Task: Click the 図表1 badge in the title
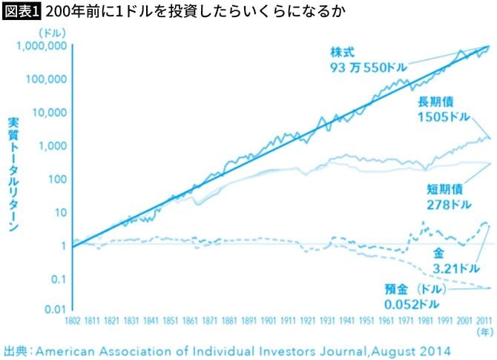pyautogui.click(x=22, y=11)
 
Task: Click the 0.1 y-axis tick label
pyautogui.click(x=57, y=274)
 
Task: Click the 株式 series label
pyautogui.click(x=343, y=53)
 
